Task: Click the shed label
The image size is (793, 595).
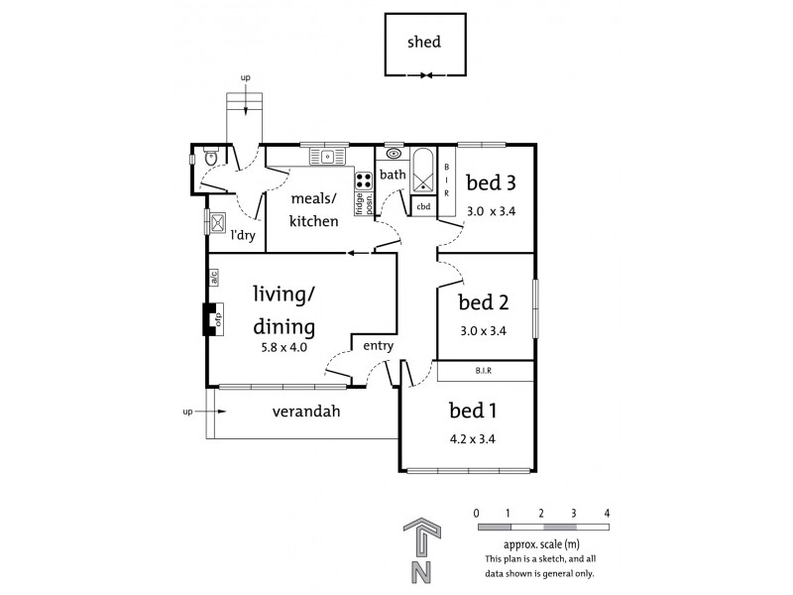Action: pyautogui.click(x=422, y=43)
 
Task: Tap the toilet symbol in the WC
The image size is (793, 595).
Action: pyautogui.click(x=208, y=158)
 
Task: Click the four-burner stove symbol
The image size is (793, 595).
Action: pyautogui.click(x=364, y=181)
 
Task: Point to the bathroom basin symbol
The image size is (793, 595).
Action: pyautogui.click(x=395, y=155)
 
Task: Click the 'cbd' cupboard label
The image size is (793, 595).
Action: pyautogui.click(x=423, y=206)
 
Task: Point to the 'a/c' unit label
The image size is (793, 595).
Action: pyautogui.click(x=213, y=279)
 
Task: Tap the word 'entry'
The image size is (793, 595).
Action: pyautogui.click(x=379, y=346)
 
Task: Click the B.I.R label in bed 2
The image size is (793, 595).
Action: pyautogui.click(x=485, y=371)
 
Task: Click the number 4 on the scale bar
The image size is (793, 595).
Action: pyautogui.click(x=606, y=513)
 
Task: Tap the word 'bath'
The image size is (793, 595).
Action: pyautogui.click(x=394, y=176)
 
